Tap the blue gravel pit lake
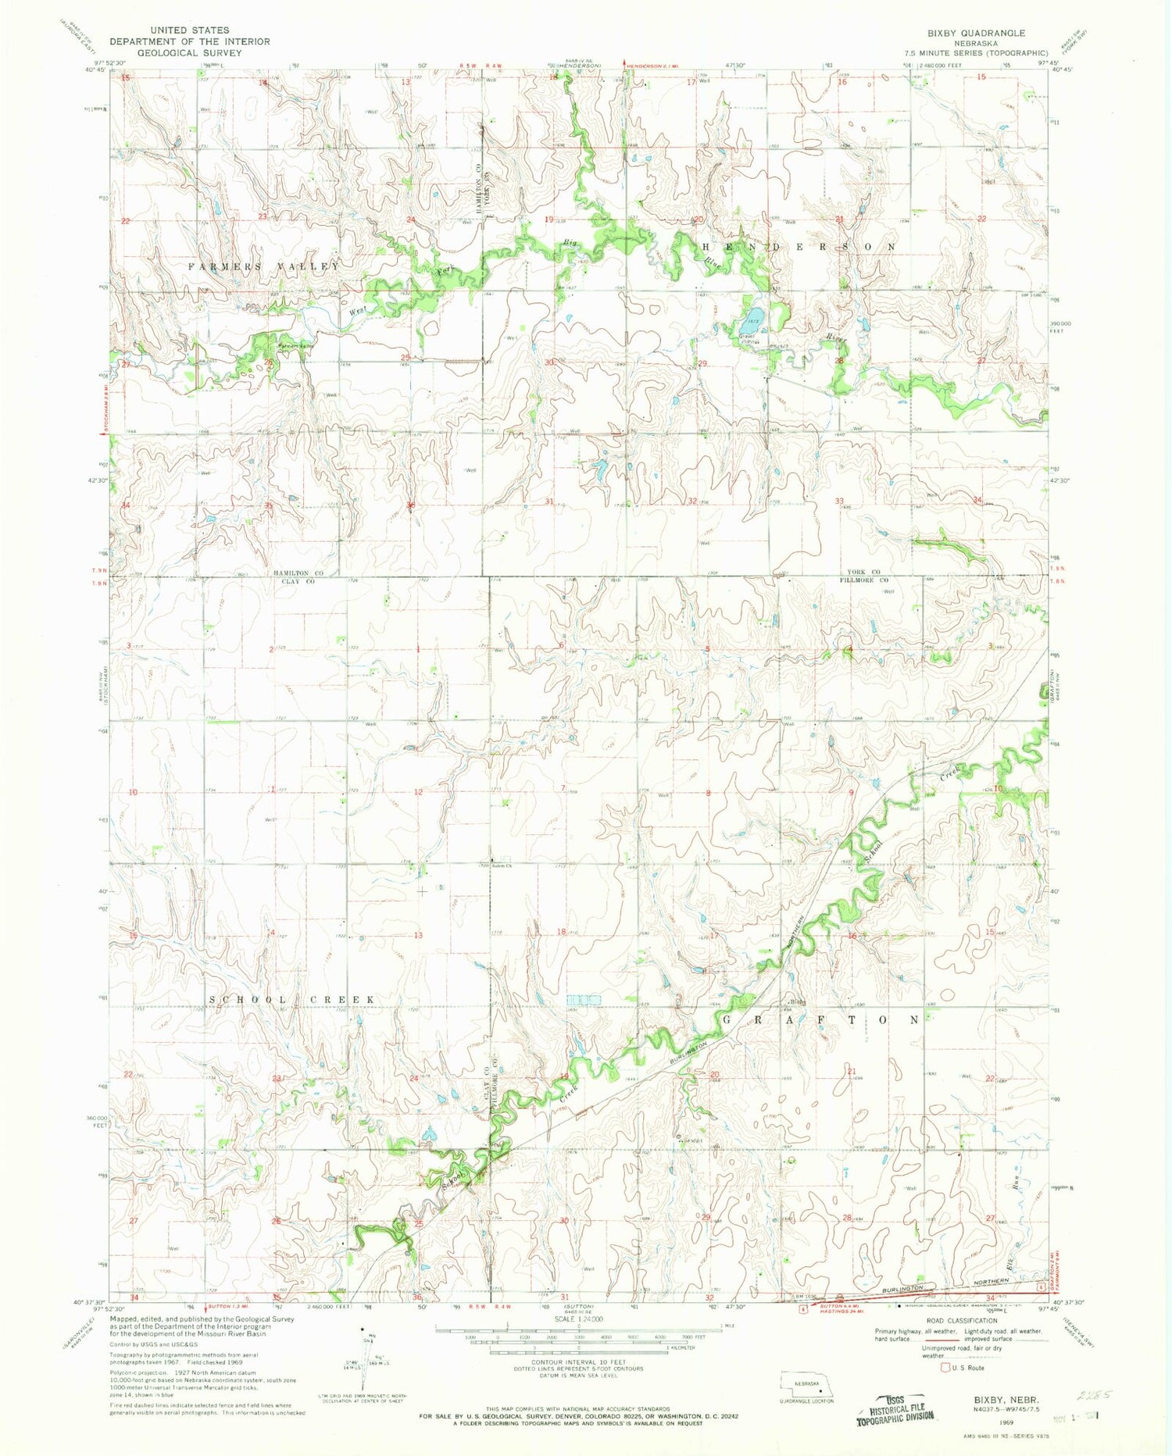[754, 321]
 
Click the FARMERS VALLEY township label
[264, 266]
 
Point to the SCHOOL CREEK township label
[292, 1000]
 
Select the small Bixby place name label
[796, 1003]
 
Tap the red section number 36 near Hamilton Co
[410, 505]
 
